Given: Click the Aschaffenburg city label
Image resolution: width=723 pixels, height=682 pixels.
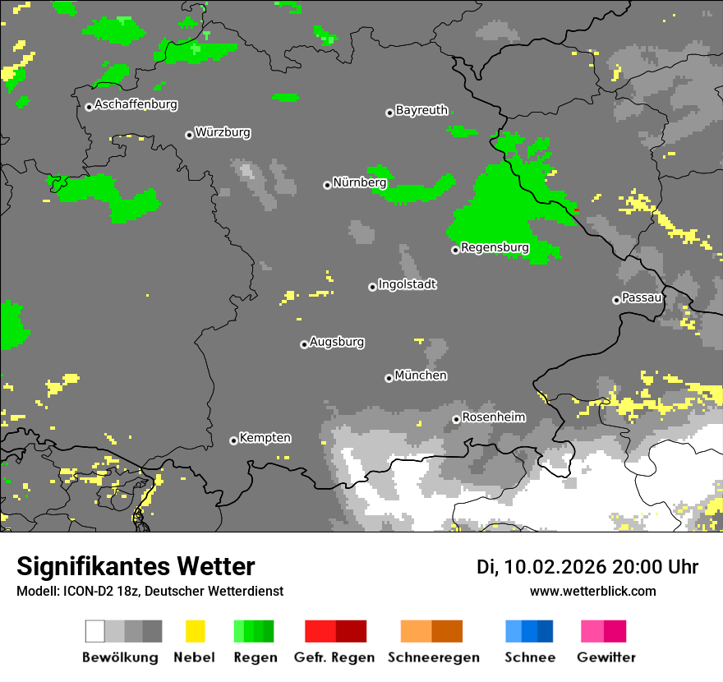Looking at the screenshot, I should [x=136, y=104].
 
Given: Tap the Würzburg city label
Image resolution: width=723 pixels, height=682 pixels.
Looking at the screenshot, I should [x=223, y=132].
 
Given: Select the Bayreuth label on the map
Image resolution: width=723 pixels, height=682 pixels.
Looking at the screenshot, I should [x=421, y=110].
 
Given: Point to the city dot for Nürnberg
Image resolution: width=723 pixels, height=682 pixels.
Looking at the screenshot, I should [x=327, y=185].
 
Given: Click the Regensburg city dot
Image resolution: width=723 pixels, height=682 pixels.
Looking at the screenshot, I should [x=455, y=250].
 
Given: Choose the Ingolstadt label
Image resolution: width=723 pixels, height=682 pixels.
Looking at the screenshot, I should [x=407, y=284].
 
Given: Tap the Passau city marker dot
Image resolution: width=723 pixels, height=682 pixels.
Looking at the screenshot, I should [x=616, y=300].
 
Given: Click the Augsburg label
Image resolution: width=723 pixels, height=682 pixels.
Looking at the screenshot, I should [x=337, y=342].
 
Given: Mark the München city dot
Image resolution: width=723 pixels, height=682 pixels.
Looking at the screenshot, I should [x=389, y=378].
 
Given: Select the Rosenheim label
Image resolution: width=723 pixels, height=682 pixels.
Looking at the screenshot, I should [x=493, y=417].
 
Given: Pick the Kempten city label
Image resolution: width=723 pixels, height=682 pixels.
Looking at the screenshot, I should [x=265, y=438].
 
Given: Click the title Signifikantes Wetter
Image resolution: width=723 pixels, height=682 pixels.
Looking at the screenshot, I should [x=136, y=567].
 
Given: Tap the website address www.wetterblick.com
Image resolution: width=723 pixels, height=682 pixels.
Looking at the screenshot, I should [x=592, y=591].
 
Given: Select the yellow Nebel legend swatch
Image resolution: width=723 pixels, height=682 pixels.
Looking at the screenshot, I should [x=195, y=631].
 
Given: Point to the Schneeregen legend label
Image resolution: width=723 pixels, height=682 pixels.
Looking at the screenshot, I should [x=434, y=657].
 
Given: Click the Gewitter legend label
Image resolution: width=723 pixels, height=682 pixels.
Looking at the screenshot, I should [x=606, y=657].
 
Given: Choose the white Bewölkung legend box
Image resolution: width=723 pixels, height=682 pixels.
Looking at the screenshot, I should [x=95, y=631].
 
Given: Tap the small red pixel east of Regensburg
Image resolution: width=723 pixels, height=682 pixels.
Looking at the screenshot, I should [x=577, y=210].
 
